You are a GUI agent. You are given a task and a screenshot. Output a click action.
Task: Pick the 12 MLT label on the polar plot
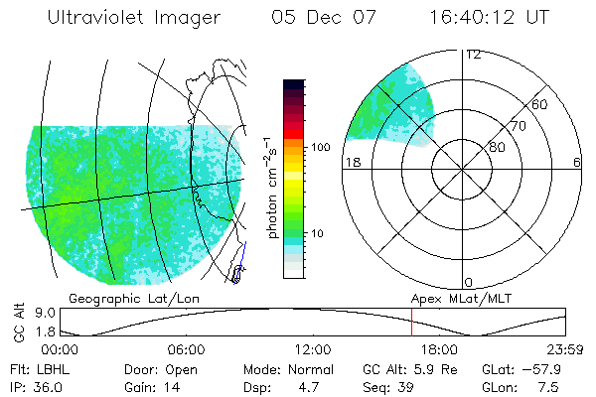(474, 55)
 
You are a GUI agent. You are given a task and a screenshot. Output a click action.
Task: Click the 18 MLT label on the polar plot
(351, 163)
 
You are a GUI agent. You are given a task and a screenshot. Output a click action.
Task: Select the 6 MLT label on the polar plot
(576, 163)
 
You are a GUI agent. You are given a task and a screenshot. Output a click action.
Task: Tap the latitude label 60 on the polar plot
(540, 104)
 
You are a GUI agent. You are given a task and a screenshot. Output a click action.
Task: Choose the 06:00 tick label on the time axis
(186, 349)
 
